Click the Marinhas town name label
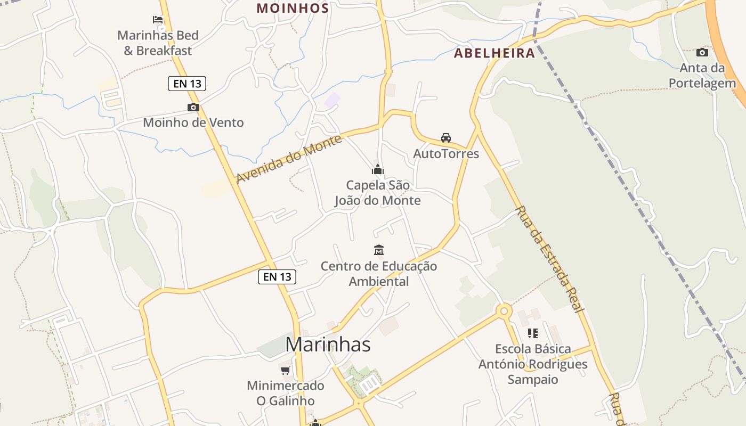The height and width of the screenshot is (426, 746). (x=328, y=345)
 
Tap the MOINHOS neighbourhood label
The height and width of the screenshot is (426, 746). (x=293, y=9)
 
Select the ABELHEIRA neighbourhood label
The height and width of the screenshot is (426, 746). (x=494, y=53)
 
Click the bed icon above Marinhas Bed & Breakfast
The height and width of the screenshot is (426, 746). (x=158, y=20)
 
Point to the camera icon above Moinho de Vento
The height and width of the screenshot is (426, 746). (x=193, y=107)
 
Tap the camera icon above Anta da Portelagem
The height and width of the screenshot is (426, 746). (x=702, y=52)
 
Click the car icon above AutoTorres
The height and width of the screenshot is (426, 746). (x=446, y=138)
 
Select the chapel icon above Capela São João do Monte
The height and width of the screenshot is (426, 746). (x=378, y=170)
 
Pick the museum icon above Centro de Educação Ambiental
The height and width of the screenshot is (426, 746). (x=379, y=250)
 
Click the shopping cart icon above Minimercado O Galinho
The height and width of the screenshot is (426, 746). (x=286, y=370)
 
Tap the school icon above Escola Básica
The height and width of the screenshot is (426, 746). (x=532, y=333)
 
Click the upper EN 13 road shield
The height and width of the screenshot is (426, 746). (x=187, y=84)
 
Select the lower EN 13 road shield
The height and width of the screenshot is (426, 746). (x=277, y=277)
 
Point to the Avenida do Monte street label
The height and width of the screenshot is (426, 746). (x=288, y=159)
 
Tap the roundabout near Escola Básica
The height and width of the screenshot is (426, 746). (x=504, y=311)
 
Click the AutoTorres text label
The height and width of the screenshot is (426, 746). (x=446, y=154)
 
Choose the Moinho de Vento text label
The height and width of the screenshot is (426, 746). (x=193, y=123)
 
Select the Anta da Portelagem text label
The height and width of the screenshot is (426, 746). (x=702, y=76)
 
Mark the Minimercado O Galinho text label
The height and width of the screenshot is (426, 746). (x=286, y=393)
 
